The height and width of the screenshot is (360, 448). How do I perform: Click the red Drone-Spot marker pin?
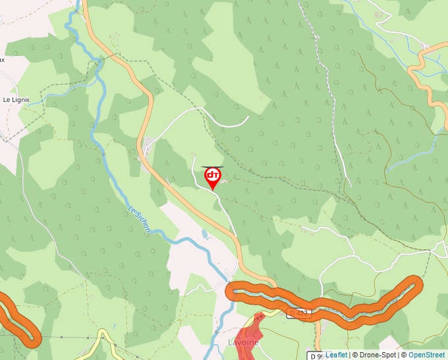[213, 176]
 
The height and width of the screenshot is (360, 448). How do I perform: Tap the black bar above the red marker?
[212, 167]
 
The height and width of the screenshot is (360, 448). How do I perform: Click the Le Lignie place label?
[16, 99]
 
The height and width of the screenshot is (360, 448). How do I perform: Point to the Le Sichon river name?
[140, 220]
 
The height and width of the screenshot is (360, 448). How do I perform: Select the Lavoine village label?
[243, 343]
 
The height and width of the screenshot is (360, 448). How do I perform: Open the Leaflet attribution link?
[336, 355]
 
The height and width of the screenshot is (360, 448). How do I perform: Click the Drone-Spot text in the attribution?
[379, 355]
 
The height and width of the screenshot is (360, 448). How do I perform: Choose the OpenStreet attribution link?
[426, 355]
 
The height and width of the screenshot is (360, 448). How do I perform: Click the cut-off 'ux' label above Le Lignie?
[2, 59]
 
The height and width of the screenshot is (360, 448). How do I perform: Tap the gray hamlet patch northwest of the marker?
[149, 145]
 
